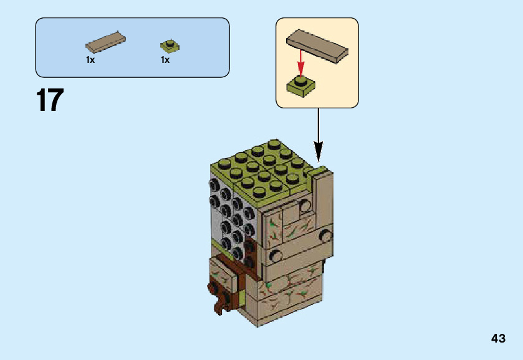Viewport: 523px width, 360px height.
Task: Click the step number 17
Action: pyautogui.click(x=50, y=101)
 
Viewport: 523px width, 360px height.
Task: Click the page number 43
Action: pyautogui.click(x=498, y=339)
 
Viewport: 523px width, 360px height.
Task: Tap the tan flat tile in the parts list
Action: pyautogui.click(x=105, y=42)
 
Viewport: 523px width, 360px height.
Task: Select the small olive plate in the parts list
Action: pyautogui.click(x=169, y=45)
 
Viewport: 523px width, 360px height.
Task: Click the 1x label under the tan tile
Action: pyautogui.click(x=90, y=60)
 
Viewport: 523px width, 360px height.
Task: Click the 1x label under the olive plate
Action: pyautogui.click(x=165, y=60)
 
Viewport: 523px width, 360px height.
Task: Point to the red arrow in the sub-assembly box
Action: pyautogui.click(x=300, y=63)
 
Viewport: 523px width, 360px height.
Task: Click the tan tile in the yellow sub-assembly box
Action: pyautogui.click(x=317, y=45)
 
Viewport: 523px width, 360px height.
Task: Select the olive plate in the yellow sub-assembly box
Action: pyautogui.click(x=300, y=86)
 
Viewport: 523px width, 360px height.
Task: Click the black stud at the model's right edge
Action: pyautogui.click(x=325, y=235)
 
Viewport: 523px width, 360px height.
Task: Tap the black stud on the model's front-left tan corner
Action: pyautogui.click(x=274, y=255)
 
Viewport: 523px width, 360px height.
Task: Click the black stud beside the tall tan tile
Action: pyautogui.click(x=305, y=205)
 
